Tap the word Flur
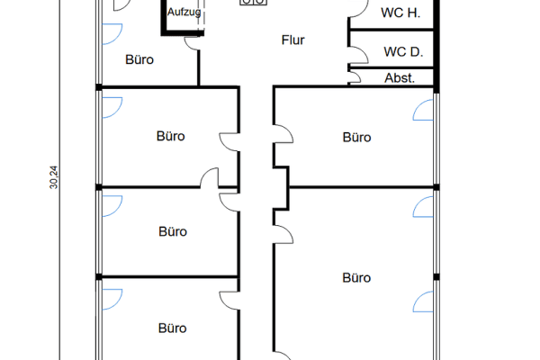[293, 39]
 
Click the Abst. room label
[400, 78]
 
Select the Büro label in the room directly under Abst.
[357, 138]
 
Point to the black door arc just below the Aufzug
[191, 42]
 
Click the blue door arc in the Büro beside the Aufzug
[111, 34]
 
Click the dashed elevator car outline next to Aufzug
[202, 13]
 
